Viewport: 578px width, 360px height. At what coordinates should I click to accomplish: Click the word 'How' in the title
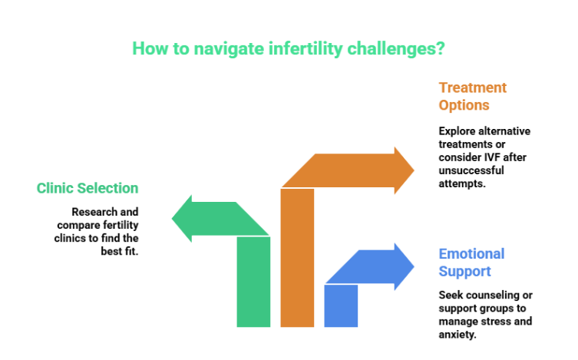click(x=146, y=49)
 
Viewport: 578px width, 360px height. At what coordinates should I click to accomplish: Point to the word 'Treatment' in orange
click(x=472, y=88)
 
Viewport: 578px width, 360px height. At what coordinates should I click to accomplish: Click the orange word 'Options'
click(x=464, y=105)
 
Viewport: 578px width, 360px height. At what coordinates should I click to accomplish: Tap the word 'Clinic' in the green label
click(x=54, y=188)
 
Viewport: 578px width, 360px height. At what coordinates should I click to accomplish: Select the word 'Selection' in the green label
click(x=107, y=188)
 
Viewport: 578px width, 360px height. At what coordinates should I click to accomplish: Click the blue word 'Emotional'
click(x=471, y=254)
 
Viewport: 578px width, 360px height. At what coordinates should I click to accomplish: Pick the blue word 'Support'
click(x=464, y=272)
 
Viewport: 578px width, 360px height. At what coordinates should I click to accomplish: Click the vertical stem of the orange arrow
click(x=297, y=261)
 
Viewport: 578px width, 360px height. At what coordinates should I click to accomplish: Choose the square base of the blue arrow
click(x=341, y=306)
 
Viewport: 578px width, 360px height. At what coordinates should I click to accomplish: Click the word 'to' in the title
click(x=175, y=49)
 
